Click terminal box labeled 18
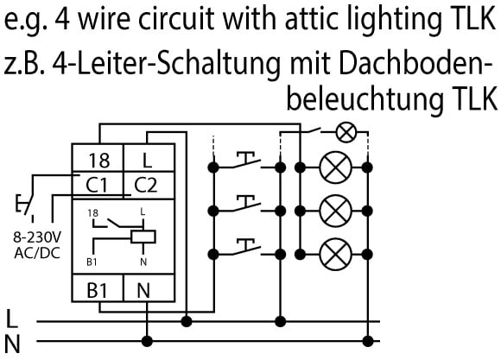98,158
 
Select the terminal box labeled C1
98,186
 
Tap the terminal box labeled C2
149,186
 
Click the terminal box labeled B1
98,287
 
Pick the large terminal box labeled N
149,287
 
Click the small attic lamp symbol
346,133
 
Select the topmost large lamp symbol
335,167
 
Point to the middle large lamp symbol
335,211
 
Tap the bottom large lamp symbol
335,255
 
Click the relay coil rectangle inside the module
143,237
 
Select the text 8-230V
37,237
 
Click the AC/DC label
37,253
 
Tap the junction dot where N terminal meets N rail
147,341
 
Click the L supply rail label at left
12,319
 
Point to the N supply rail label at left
12,344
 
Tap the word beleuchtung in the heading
365,98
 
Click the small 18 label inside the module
93,213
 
